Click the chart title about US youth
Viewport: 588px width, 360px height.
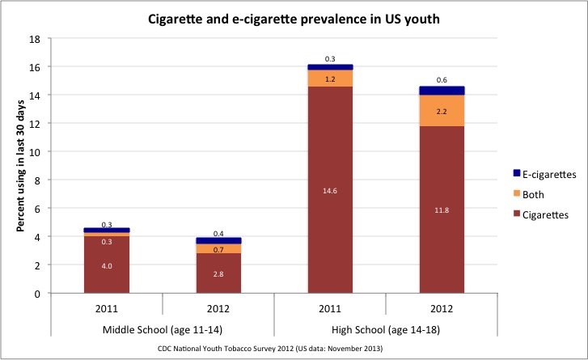[x=294, y=19]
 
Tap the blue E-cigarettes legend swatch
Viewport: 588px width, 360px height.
[x=517, y=173]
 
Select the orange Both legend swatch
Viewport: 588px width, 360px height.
[x=517, y=193]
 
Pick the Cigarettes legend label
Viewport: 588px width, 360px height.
[x=545, y=215]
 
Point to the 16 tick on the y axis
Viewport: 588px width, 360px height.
[x=35, y=67]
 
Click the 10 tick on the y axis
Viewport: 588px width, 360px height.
[x=35, y=152]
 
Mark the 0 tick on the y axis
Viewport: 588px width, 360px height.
[x=37, y=294]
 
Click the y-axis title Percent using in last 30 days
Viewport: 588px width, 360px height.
[x=20, y=166]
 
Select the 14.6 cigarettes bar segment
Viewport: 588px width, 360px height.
[x=330, y=190]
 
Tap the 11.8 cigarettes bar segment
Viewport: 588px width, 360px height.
[x=442, y=210]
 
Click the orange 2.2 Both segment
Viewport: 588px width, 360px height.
[x=442, y=111]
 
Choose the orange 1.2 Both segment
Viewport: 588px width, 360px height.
[x=330, y=78]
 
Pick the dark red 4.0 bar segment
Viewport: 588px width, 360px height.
[x=107, y=265]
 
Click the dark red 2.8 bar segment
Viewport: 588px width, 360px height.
[x=218, y=273]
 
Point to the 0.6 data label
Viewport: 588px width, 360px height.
[x=442, y=80]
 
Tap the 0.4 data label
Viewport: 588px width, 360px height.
[x=218, y=234]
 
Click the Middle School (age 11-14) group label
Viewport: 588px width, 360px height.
[x=163, y=329]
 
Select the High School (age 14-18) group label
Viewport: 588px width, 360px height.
[x=386, y=329]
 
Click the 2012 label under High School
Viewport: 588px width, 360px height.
[x=442, y=308]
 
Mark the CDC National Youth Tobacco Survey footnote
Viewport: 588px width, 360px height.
[x=270, y=349]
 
